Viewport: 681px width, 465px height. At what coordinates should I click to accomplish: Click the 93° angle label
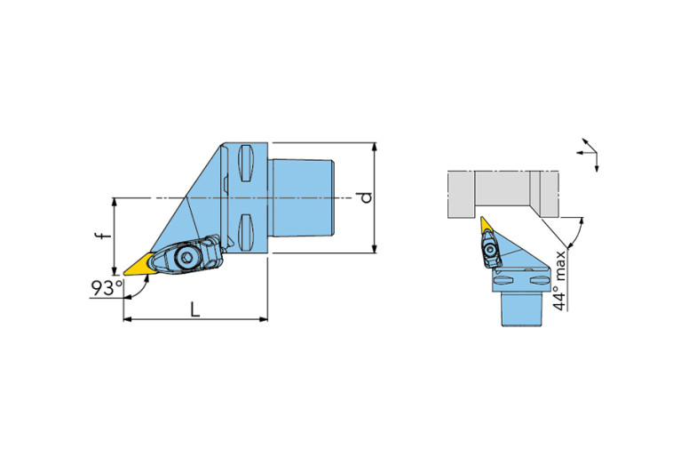107,288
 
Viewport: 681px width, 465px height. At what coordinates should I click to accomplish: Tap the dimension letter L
195,309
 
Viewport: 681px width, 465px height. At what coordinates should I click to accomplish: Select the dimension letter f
103,236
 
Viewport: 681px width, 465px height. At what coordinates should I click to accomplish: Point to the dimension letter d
367,197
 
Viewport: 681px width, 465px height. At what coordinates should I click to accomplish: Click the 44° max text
560,281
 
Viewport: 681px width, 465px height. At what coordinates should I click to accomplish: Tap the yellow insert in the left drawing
139,264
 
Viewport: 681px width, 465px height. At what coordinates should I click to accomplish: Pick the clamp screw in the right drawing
490,250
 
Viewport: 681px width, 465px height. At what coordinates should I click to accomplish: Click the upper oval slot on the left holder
246,163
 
